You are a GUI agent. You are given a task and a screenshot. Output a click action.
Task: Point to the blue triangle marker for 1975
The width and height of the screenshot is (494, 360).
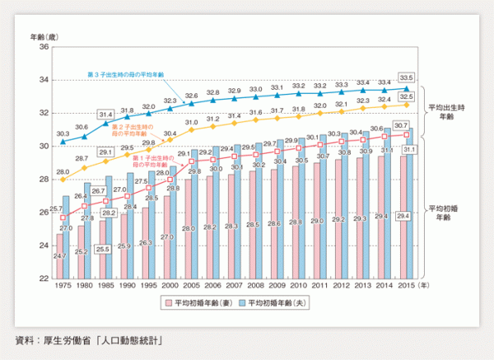(63, 142)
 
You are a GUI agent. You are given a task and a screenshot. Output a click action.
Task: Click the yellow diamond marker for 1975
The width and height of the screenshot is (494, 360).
(63, 180)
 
